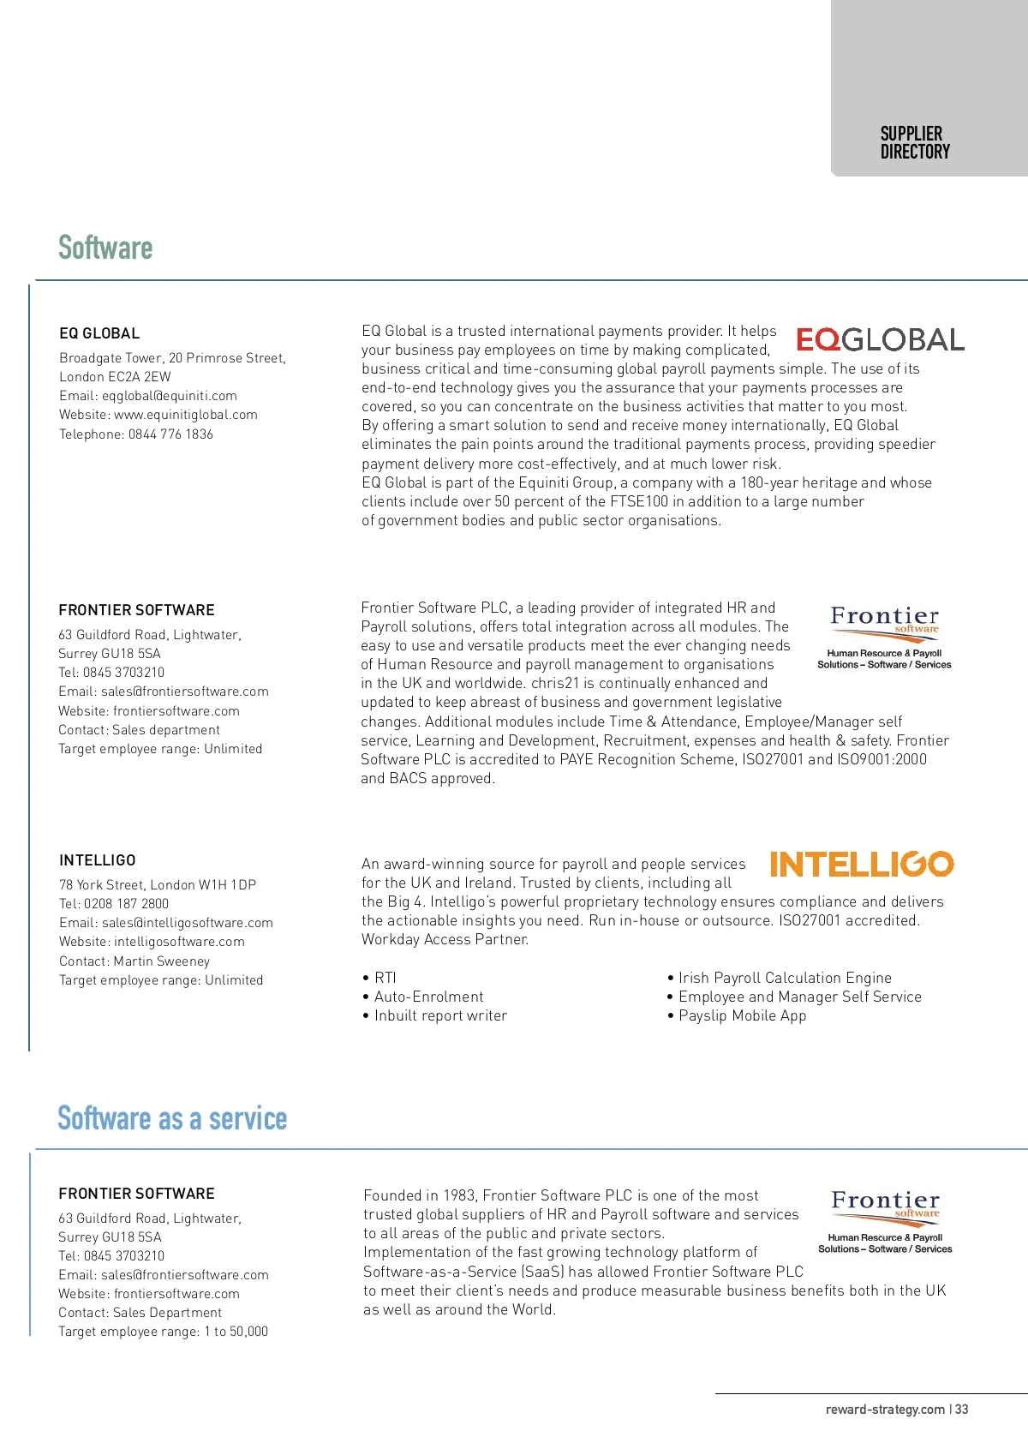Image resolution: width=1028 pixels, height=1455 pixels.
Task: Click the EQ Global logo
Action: click(880, 339)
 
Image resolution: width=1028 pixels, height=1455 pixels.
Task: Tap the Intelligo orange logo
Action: click(861, 864)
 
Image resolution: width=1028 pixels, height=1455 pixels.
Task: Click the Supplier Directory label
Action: click(915, 142)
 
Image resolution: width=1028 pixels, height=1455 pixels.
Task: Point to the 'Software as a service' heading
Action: click(172, 1118)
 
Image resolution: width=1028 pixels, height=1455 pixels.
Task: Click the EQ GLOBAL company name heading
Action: click(99, 333)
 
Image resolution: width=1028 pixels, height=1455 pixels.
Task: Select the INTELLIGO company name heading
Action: click(98, 860)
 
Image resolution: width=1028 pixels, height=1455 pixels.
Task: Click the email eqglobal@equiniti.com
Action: click(169, 396)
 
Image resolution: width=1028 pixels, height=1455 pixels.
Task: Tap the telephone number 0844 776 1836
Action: click(170, 434)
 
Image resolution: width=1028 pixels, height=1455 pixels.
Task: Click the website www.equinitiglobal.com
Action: click(186, 415)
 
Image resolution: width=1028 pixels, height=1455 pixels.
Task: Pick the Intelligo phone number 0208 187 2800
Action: click(126, 904)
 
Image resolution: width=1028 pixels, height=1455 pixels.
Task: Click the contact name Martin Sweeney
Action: click(161, 961)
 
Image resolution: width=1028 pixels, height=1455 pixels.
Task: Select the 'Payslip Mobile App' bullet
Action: click(742, 1016)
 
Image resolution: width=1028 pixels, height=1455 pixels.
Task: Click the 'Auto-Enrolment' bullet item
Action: click(428, 997)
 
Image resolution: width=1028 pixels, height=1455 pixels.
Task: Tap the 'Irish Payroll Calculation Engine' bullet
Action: click(785, 978)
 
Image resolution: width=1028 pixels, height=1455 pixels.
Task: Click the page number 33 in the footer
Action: click(962, 1410)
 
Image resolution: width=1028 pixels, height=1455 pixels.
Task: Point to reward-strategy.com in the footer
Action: click(885, 1410)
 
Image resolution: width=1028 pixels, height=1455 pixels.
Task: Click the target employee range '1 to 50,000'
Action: click(236, 1332)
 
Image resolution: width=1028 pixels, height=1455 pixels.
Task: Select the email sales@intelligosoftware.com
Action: click(187, 923)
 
